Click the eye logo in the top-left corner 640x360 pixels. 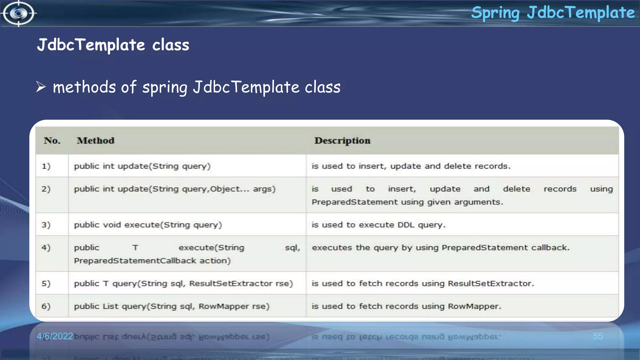pyautogui.click(x=18, y=13)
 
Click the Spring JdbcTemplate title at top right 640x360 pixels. pyautogui.click(x=552, y=13)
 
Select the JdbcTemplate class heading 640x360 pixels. pyautogui.click(x=113, y=45)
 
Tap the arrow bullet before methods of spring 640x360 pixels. pyautogui.click(x=41, y=87)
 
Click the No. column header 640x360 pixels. pyautogui.click(x=52, y=141)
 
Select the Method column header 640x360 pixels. pyautogui.click(x=96, y=141)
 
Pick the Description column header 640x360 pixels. pyautogui.click(x=342, y=141)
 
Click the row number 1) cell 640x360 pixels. pyautogui.click(x=46, y=166)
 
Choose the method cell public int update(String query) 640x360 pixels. pyautogui.click(x=142, y=166)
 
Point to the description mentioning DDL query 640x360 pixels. pyautogui.click(x=378, y=225)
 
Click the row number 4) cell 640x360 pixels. pyautogui.click(x=46, y=248)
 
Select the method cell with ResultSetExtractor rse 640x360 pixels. pyautogui.click(x=183, y=284)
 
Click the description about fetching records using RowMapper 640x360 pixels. pyautogui.click(x=406, y=307)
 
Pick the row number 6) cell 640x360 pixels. pyautogui.click(x=46, y=307)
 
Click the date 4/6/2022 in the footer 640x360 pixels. pyautogui.click(x=55, y=336)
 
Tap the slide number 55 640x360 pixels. pyautogui.click(x=598, y=336)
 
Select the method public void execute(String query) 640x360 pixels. pyautogui.click(x=148, y=225)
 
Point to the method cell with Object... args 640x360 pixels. pyautogui.click(x=175, y=189)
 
